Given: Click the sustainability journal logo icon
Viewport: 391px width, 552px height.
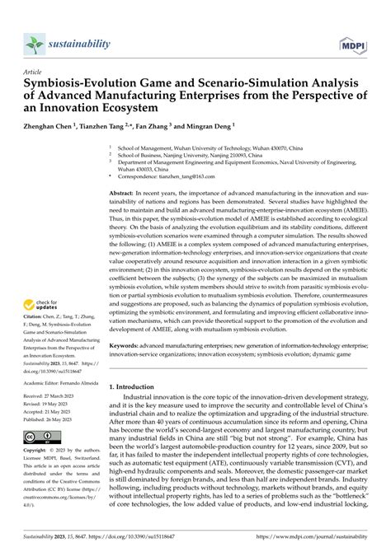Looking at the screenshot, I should pyautogui.click(x=34, y=44).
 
